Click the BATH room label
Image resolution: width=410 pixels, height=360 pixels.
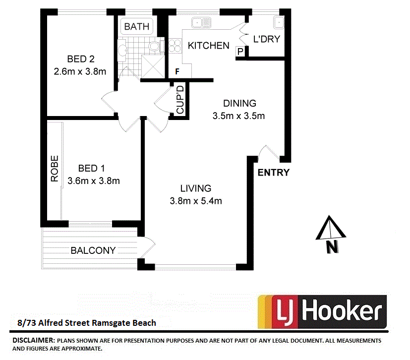pos(136,27)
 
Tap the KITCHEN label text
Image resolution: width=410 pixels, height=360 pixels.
pos(208,46)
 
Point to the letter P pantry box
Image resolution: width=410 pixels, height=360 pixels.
pos(240,51)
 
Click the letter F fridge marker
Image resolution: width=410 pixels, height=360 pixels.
pos(176,72)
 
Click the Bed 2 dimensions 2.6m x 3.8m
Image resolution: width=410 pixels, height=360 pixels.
pos(80,71)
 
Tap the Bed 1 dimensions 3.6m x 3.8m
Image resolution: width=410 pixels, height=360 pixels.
pos(93,181)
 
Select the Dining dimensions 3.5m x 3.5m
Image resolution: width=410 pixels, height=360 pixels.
pos(239,117)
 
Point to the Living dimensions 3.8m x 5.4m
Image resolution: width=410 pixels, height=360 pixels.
pos(195,201)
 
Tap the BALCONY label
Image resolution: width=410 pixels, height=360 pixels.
pos(93,250)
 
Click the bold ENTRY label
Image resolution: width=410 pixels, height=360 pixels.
pos(273,173)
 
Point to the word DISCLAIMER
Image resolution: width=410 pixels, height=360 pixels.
pos(33,341)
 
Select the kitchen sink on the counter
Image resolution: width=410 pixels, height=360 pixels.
pos(202,22)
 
